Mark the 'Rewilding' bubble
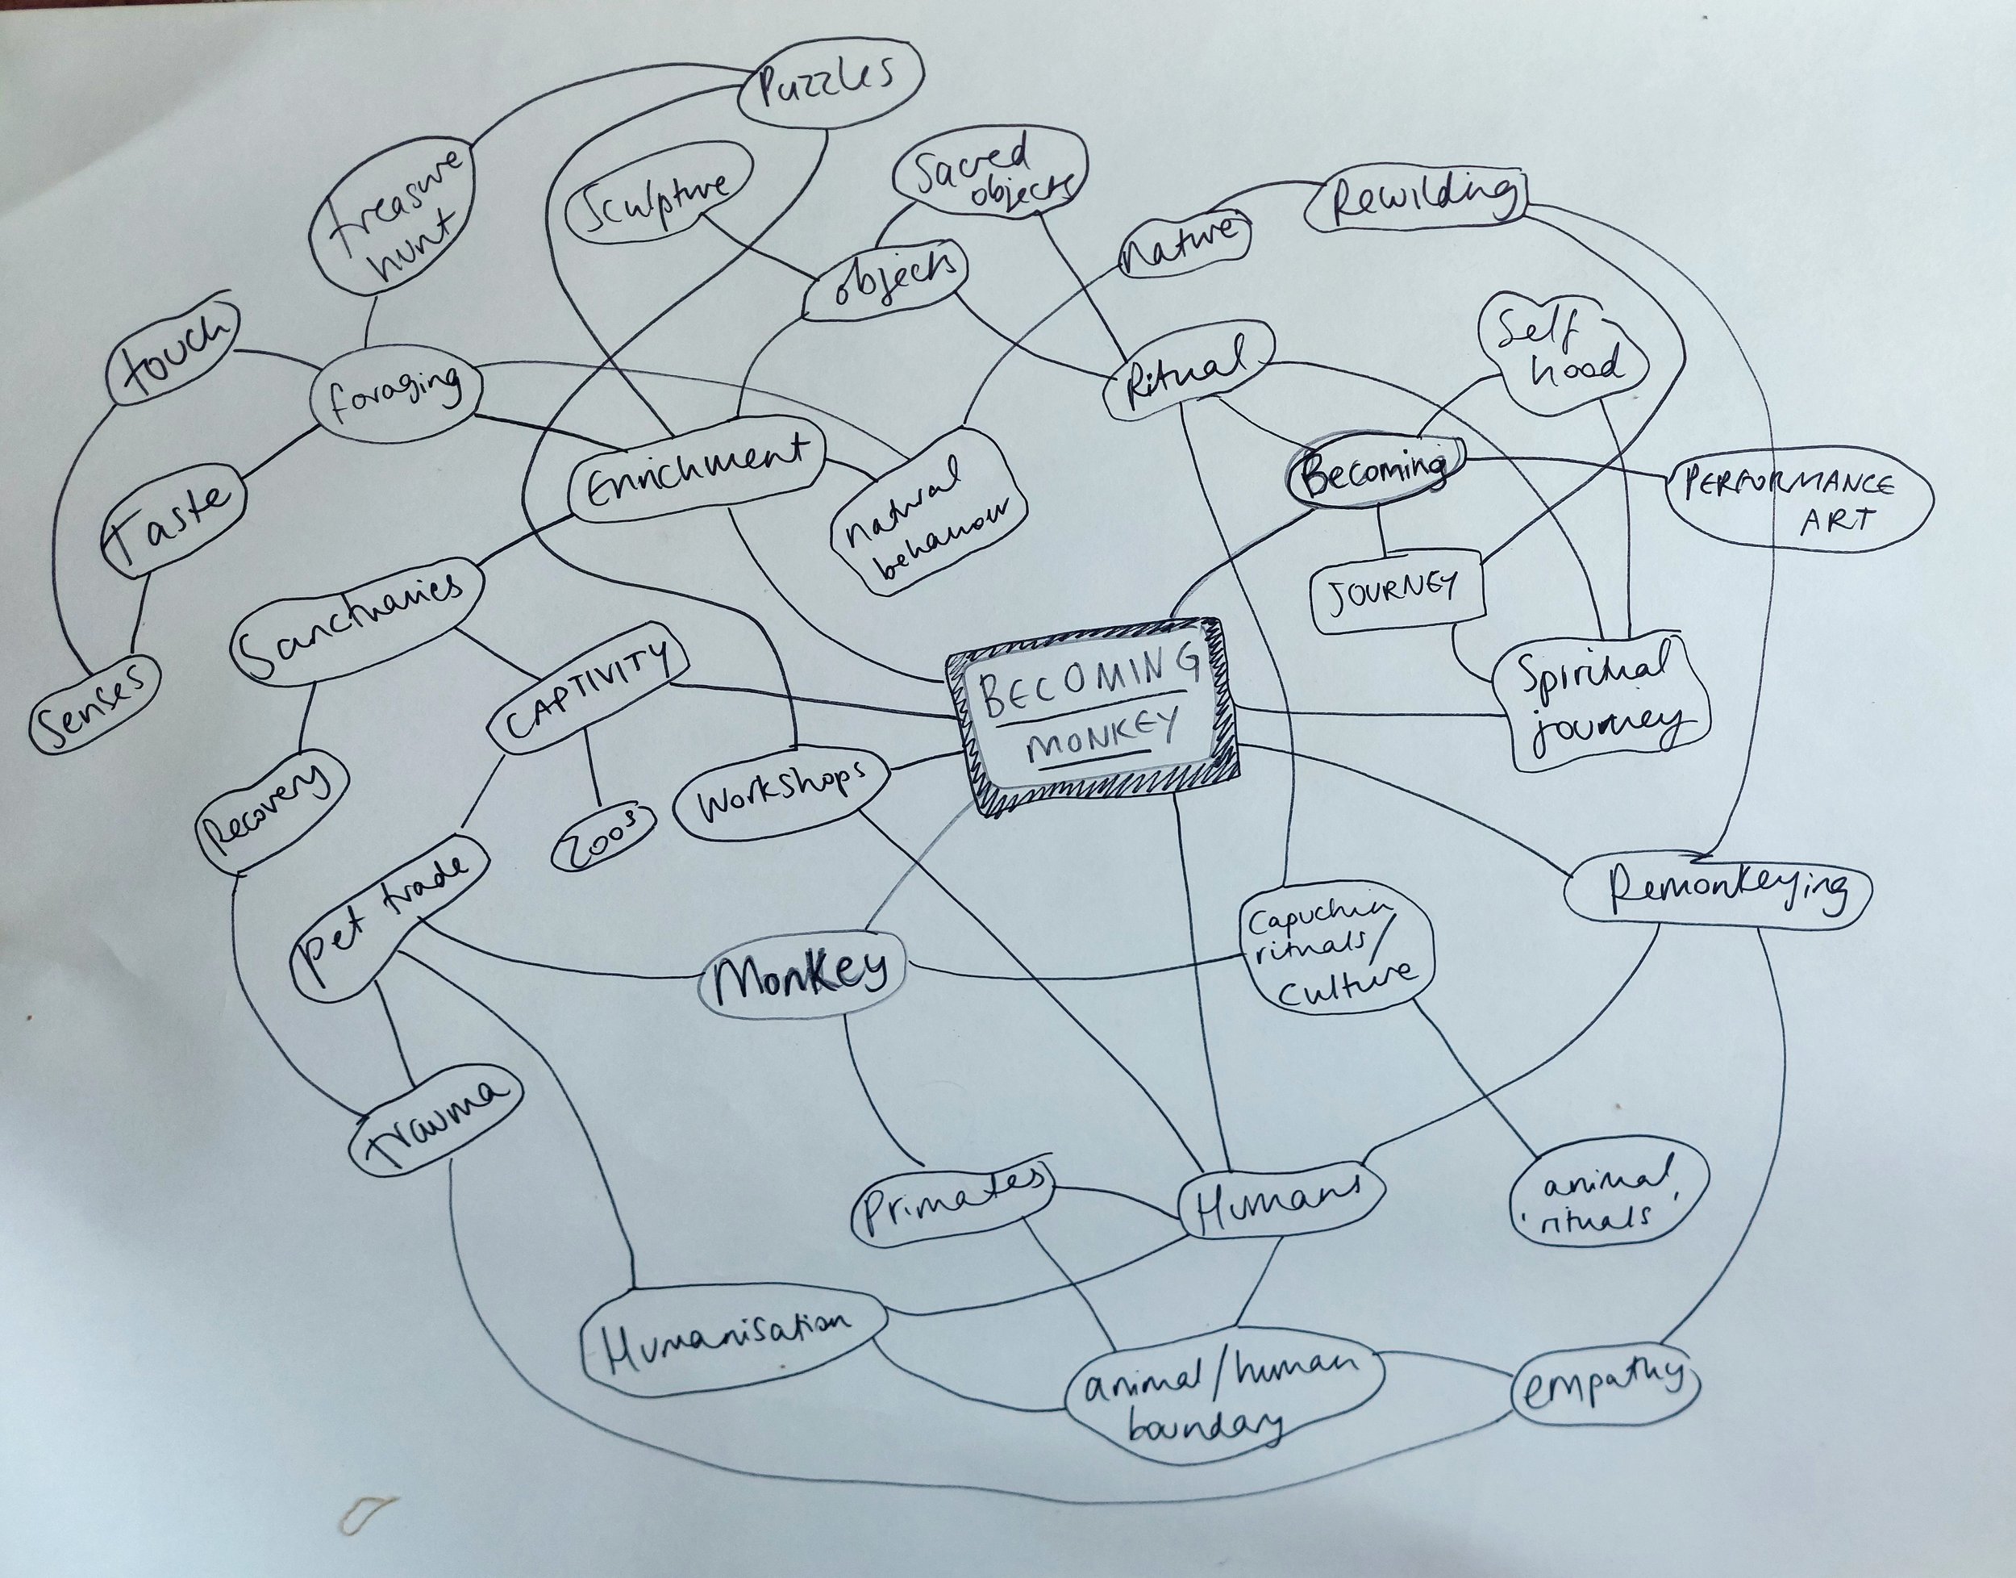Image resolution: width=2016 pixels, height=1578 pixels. pyautogui.click(x=1418, y=199)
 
